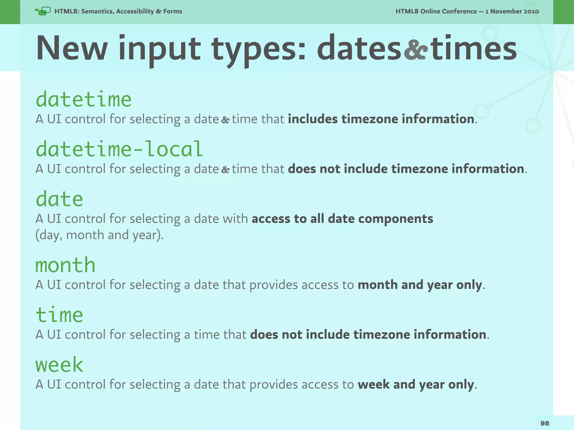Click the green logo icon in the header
[x=43, y=11]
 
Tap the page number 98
[x=545, y=423]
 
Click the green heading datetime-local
[x=119, y=149]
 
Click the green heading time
[x=59, y=315]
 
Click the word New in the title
[x=72, y=48]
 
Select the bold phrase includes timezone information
[x=381, y=119]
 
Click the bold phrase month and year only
[x=420, y=285]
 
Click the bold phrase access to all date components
[x=342, y=219]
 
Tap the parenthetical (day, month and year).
[x=99, y=235]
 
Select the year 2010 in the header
[x=531, y=11]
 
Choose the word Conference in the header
[x=460, y=11]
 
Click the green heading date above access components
[x=59, y=199]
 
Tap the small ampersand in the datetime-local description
[x=225, y=169]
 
